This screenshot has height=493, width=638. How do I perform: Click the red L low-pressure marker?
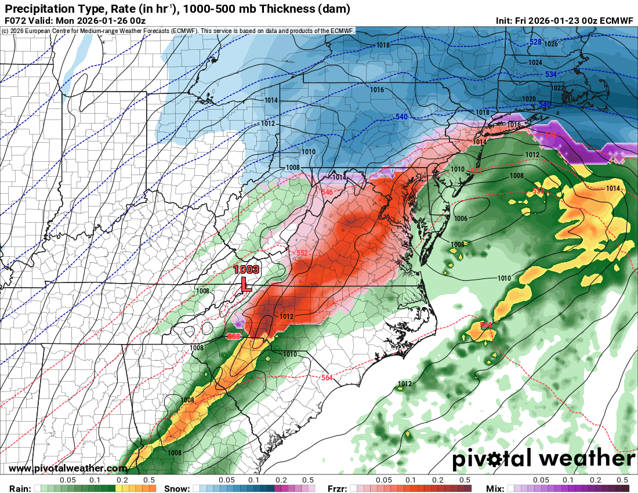click(x=246, y=284)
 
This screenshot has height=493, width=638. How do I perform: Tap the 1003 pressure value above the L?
click(x=246, y=270)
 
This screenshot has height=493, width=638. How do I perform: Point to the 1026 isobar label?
click(x=551, y=44)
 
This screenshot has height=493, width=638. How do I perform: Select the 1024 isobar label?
click(x=535, y=63)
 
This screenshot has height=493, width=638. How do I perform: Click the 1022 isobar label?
click(x=557, y=88)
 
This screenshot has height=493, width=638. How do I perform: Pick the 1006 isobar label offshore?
click(x=461, y=219)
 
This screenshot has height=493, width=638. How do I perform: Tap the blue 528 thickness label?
click(x=535, y=42)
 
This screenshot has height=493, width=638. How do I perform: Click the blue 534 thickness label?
click(x=550, y=75)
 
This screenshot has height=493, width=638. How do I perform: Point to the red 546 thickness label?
click(x=327, y=191)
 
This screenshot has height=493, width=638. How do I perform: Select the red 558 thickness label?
click(x=234, y=336)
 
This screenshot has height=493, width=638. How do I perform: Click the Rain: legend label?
click(x=16, y=488)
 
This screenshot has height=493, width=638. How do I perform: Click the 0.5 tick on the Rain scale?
click(x=148, y=480)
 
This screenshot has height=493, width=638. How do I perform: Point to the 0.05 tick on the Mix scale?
click(x=541, y=480)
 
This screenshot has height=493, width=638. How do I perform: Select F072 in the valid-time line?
click(x=13, y=20)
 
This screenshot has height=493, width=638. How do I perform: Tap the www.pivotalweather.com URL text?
click(x=68, y=468)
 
